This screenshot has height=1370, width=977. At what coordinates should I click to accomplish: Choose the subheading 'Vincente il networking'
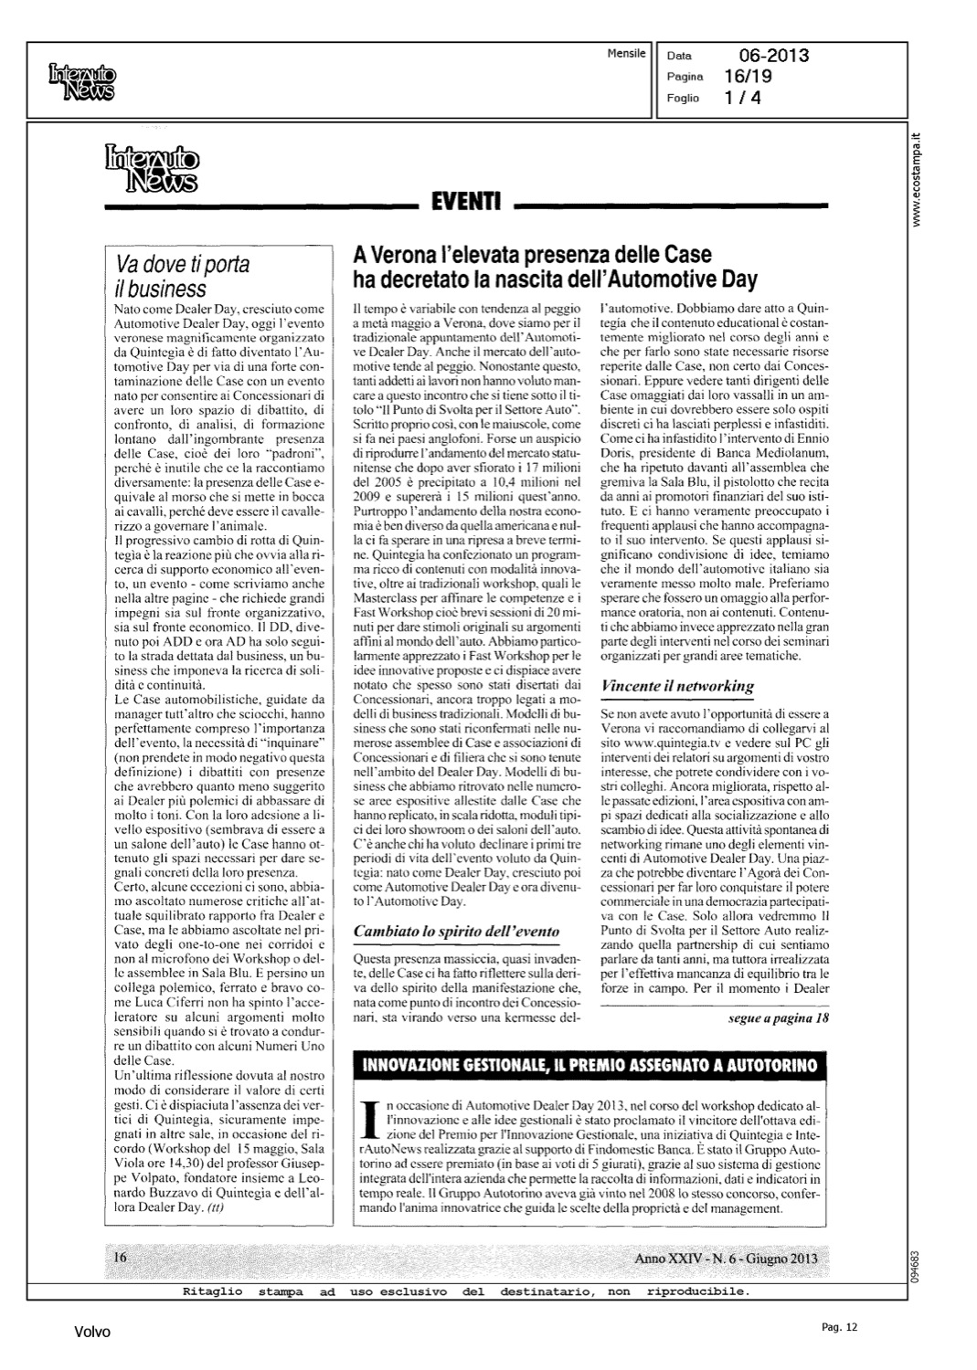(x=676, y=685)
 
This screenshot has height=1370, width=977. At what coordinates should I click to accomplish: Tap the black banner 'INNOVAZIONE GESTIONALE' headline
(x=590, y=1065)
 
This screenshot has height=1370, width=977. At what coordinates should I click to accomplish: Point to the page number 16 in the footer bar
(x=120, y=1257)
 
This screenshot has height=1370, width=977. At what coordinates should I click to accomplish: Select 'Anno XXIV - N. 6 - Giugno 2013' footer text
(x=726, y=1259)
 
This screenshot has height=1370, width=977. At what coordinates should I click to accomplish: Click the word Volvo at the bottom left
(x=92, y=1333)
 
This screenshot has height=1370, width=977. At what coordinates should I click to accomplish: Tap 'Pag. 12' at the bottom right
(x=839, y=1328)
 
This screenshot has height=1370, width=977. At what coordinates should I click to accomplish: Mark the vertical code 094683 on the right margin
(x=918, y=1263)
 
